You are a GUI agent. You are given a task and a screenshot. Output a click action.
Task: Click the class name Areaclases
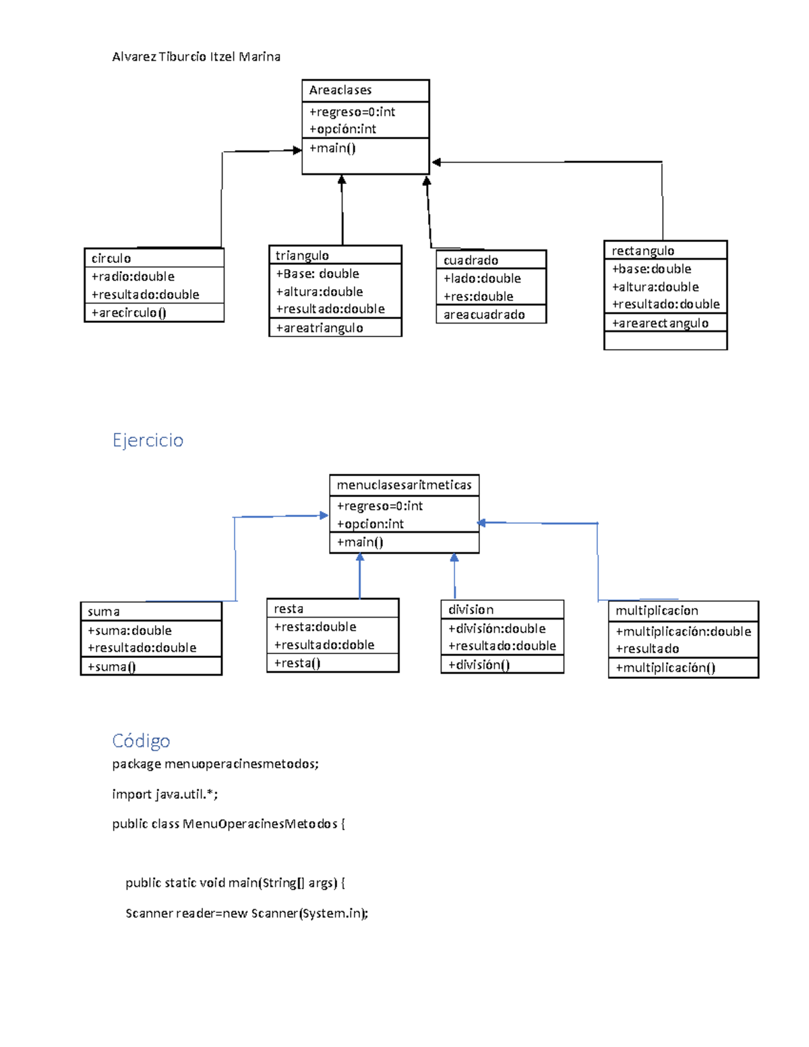340,90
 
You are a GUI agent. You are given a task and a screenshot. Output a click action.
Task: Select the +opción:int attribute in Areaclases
342,129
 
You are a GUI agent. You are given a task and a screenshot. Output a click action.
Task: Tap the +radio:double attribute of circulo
133,276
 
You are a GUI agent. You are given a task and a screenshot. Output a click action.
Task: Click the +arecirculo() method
129,313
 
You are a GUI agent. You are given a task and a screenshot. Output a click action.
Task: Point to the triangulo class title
302,256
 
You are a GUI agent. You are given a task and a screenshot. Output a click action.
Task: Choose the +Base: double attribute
317,274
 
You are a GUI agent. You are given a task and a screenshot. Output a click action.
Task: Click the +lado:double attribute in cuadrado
482,278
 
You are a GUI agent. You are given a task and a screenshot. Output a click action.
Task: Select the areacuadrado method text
484,315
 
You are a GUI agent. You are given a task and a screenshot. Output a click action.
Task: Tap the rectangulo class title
642,251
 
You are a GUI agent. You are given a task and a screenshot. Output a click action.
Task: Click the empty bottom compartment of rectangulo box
665,341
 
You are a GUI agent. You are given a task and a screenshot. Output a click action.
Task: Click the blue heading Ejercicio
148,440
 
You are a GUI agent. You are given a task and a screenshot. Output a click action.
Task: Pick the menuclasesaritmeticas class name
404,485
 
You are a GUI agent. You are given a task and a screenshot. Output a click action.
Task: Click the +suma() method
112,667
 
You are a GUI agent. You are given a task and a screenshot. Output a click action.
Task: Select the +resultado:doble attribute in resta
324,645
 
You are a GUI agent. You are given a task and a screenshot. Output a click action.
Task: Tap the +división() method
479,665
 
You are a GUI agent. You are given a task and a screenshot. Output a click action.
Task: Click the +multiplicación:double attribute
683,632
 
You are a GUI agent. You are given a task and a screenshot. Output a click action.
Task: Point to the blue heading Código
141,741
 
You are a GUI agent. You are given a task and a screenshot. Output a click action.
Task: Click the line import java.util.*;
165,794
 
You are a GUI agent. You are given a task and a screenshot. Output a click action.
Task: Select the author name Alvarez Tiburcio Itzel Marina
196,57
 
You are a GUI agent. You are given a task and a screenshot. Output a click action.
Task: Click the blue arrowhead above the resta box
360,558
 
